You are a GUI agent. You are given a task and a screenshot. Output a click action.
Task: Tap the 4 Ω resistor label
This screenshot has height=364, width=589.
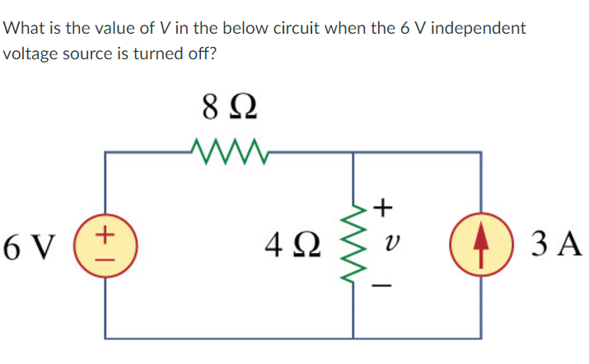click(290, 245)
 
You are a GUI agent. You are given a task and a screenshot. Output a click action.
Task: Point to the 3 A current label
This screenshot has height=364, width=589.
click(557, 244)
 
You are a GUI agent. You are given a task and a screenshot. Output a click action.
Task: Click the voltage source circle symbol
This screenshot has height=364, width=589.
click(105, 245)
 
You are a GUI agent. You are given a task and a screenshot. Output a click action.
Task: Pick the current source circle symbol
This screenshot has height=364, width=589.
click(479, 244)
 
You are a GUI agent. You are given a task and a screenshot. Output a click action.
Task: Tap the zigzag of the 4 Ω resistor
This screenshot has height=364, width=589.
click(355, 244)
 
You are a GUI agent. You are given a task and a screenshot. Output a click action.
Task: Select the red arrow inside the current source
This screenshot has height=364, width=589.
click(479, 243)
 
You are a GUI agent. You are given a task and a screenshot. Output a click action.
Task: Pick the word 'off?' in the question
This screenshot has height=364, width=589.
click(199, 57)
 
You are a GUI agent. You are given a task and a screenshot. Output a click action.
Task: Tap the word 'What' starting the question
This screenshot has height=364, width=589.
click(25, 28)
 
